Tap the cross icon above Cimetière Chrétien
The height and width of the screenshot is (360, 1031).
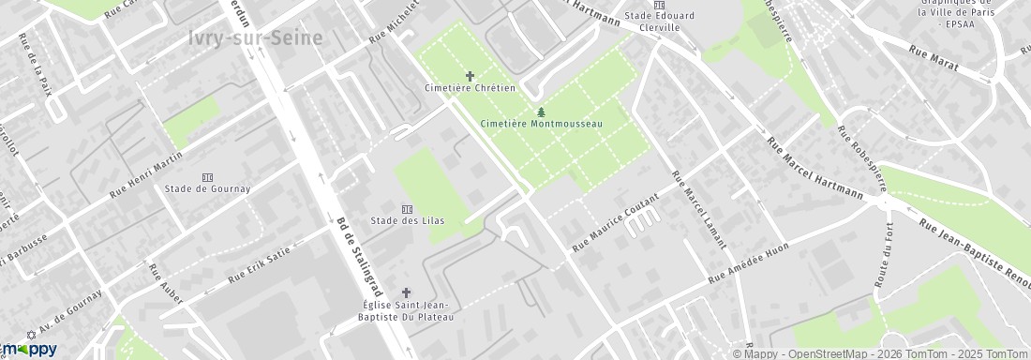(x=471, y=75)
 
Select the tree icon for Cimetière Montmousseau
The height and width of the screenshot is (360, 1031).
(x=541, y=112)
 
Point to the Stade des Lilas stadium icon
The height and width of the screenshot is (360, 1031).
(x=407, y=208)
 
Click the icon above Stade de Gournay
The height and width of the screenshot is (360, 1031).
(x=207, y=176)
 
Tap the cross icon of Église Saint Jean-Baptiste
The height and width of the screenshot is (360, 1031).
(x=407, y=292)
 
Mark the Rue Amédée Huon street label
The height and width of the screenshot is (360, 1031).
(x=748, y=262)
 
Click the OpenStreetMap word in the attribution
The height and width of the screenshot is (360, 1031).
(x=826, y=353)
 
